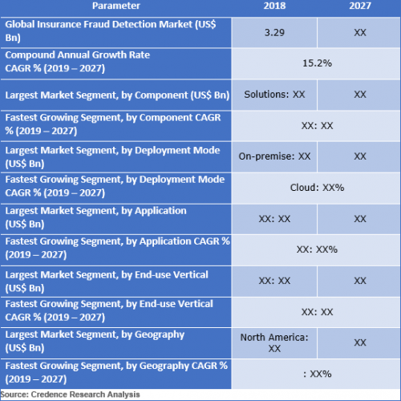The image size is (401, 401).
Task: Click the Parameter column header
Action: pos(116,6)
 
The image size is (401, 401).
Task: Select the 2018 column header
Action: pos(274,6)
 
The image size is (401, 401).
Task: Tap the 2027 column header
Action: pos(360,6)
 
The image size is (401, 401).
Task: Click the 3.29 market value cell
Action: pos(274,33)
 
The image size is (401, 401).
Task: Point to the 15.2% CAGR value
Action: pos(317,63)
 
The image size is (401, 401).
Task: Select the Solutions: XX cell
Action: pos(274,95)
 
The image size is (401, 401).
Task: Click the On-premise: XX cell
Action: pos(274,156)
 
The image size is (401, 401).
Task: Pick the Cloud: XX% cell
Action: pos(317,188)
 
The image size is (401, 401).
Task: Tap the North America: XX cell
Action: pos(274,342)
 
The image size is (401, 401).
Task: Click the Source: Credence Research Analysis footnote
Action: pos(70,395)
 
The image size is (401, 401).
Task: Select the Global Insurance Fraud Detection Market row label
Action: pos(111,31)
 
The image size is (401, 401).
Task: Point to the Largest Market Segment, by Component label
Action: pos(117,95)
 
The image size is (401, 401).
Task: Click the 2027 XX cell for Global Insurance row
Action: pos(360,33)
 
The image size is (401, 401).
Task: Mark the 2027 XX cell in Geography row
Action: pos(360,342)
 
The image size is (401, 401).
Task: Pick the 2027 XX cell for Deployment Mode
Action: pos(360,156)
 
